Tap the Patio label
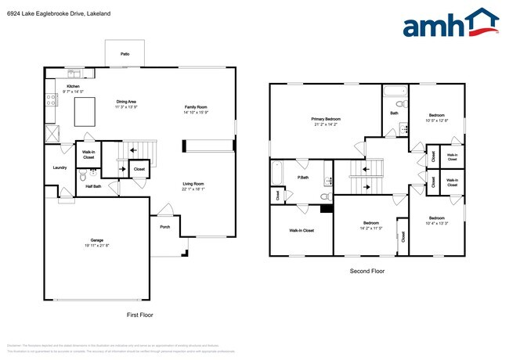[125, 54]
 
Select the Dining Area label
[127, 102]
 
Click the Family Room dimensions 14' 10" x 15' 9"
[196, 113]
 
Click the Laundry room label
[60, 167]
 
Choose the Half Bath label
[92, 186]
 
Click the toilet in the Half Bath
[83, 177]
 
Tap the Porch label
[164, 227]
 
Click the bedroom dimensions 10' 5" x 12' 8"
[436, 121]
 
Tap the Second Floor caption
[367, 272]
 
